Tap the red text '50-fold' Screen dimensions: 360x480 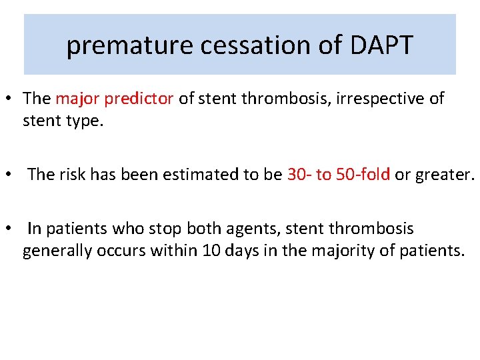tap(363, 175)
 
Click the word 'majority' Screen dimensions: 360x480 tap(363, 253)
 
